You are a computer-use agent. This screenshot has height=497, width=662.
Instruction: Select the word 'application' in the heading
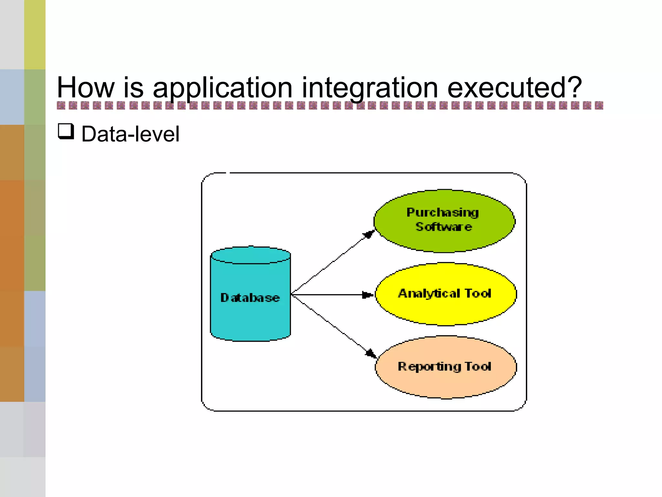point(222,88)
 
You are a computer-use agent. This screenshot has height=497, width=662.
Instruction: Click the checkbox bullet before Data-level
point(66,132)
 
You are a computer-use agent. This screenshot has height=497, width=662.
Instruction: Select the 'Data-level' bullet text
point(130,134)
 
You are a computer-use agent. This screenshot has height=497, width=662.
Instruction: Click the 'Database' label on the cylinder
point(250,298)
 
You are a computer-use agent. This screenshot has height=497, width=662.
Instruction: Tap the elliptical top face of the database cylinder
point(251,255)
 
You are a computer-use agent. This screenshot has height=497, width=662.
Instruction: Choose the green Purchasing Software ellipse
point(444,239)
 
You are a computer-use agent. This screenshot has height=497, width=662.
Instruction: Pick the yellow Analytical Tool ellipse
point(445,311)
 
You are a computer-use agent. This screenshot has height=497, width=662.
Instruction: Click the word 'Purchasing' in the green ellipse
point(442,213)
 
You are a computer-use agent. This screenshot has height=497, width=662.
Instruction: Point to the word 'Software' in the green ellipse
point(443,227)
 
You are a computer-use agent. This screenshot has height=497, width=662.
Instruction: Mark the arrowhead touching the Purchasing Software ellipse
point(369,234)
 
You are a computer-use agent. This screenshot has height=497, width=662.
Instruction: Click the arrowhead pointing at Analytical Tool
point(368,295)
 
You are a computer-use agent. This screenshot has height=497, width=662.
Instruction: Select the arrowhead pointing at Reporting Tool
point(371,353)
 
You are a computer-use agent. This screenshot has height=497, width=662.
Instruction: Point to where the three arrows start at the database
point(292,294)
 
